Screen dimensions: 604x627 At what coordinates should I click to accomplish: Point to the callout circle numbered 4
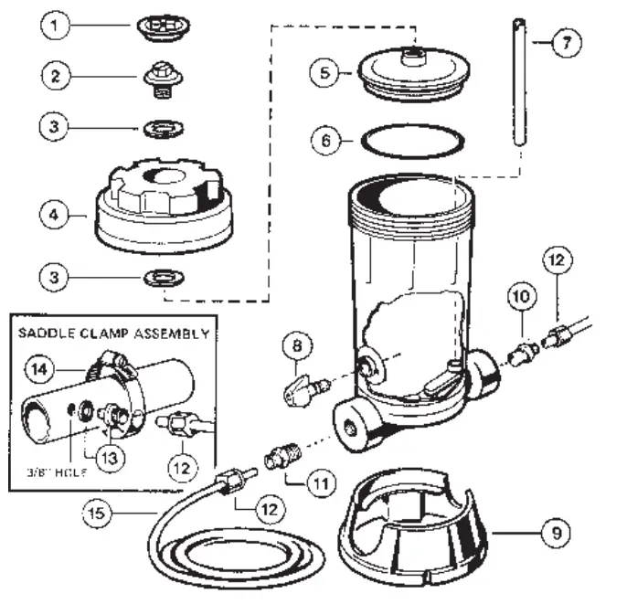[55, 217]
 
